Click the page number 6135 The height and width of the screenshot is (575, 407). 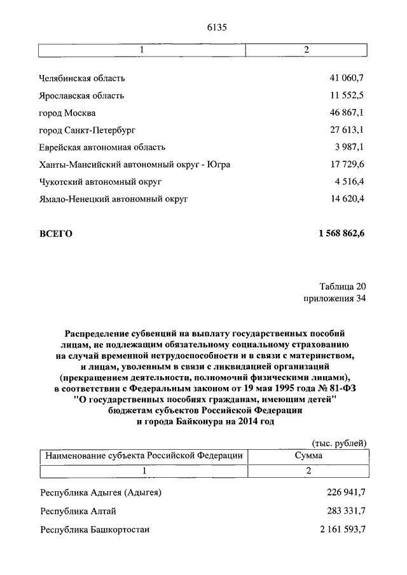point(216,27)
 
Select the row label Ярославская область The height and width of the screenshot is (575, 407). point(82,96)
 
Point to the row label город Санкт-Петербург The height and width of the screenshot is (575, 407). point(87,130)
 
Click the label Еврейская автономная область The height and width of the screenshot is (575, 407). point(102,147)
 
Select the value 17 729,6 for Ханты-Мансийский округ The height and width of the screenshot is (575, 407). point(346,165)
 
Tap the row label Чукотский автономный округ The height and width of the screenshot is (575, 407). point(100,182)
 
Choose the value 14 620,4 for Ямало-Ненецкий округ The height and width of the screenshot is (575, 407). point(346,199)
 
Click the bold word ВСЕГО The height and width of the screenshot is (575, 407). point(56,234)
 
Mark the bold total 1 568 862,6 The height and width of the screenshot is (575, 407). point(338,234)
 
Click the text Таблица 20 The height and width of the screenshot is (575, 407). point(343,285)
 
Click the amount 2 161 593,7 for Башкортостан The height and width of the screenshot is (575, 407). point(338,529)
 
